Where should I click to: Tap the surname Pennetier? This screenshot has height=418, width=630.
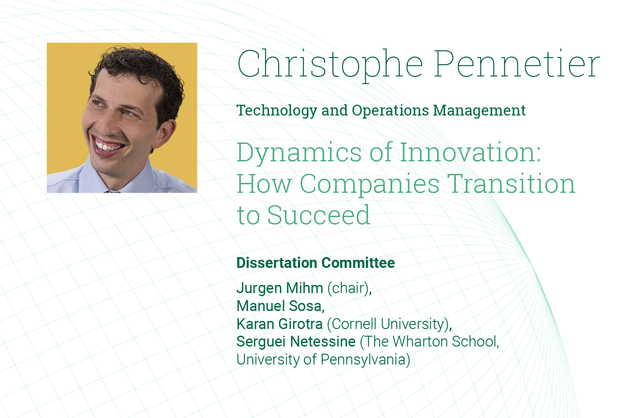tap(517, 63)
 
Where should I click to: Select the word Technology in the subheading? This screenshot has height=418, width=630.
tap(277, 111)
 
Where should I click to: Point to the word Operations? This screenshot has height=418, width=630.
tap(391, 111)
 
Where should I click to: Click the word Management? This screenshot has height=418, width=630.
tap(479, 111)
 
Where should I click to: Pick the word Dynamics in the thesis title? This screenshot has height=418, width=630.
tap(299, 153)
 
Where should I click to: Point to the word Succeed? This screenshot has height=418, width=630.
tap(319, 215)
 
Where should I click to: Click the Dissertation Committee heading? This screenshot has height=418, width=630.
tap(315, 263)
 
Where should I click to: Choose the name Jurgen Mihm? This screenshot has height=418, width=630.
tap(280, 289)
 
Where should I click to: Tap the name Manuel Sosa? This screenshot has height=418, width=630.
tap(279, 306)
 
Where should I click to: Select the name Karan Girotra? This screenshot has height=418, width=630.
tap(279, 324)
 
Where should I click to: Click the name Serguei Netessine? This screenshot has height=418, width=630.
tap(296, 342)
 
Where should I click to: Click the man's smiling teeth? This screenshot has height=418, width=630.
tap(107, 146)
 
